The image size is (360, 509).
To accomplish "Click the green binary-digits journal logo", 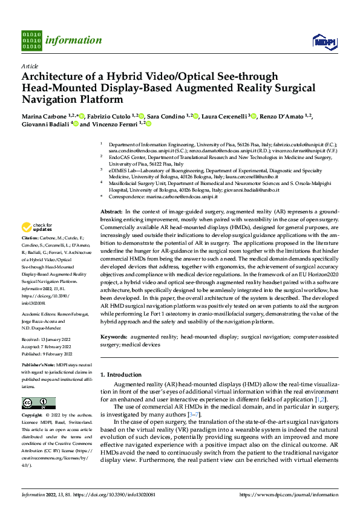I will pyautogui.click(x=31, y=40).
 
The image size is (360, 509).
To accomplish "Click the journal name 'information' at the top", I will pyautogui.click(x=74, y=41).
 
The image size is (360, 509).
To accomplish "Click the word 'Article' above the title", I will pyautogui.click(x=30, y=66).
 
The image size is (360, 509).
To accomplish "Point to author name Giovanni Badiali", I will pyautogui.click(x=45, y=124).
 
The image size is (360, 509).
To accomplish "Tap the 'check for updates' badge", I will pyautogui.click(x=37, y=227).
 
